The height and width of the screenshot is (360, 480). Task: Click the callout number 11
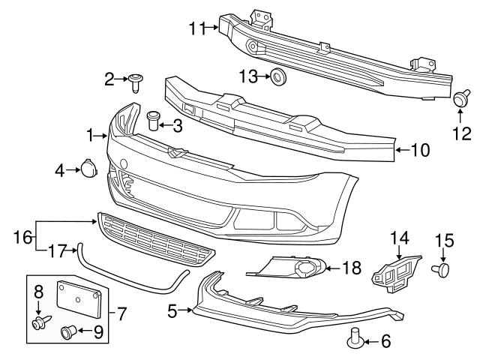click(196, 28)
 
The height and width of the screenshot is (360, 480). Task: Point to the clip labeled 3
click(154, 118)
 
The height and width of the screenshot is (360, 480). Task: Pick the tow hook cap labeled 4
click(86, 168)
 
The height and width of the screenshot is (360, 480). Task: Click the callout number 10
click(421, 150)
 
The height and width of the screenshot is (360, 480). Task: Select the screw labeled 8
click(39, 323)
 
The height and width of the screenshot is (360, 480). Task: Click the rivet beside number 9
click(68, 329)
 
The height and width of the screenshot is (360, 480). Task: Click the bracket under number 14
click(395, 274)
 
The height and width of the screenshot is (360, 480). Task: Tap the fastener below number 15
click(443, 268)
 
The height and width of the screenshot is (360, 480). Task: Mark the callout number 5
click(172, 310)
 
